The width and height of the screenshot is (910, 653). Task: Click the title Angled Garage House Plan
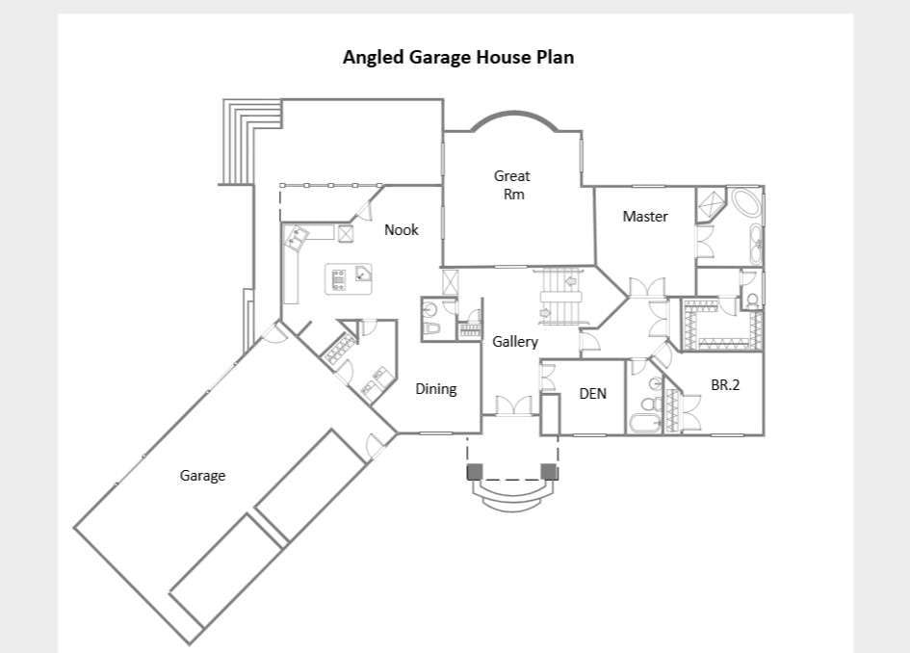(458, 57)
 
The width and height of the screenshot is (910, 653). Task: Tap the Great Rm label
(512, 185)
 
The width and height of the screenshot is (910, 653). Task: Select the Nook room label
(401, 230)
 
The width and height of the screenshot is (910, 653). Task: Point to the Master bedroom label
(645, 217)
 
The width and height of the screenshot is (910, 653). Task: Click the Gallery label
(515, 341)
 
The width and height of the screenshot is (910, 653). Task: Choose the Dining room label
(436, 389)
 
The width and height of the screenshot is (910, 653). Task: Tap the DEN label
(592, 394)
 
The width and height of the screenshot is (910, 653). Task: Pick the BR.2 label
(725, 385)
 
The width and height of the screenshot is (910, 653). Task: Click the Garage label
(202, 476)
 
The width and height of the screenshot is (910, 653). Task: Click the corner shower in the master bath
(711, 204)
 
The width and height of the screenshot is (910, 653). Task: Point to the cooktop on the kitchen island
(338, 279)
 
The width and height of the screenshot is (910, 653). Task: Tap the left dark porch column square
(475, 471)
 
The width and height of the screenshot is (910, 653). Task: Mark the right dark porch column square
(549, 471)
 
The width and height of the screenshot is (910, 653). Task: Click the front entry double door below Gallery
(513, 405)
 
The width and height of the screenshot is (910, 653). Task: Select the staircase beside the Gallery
(560, 297)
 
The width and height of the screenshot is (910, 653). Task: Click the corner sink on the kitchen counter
(298, 237)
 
